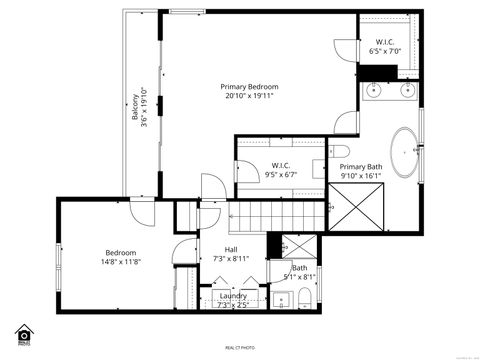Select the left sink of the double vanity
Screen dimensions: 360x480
pos(377,91)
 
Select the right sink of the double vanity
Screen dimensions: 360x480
pos(407,91)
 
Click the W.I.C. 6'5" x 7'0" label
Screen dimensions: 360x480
pos(384,45)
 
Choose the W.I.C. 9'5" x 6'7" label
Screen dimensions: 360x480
pos(281,170)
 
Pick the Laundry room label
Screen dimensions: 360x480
pos(233,300)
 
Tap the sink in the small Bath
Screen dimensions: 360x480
pos(277,298)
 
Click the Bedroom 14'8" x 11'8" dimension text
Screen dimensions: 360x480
pos(120,263)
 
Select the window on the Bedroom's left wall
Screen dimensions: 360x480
pos(58,262)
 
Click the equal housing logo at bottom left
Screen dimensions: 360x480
pos(24,332)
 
